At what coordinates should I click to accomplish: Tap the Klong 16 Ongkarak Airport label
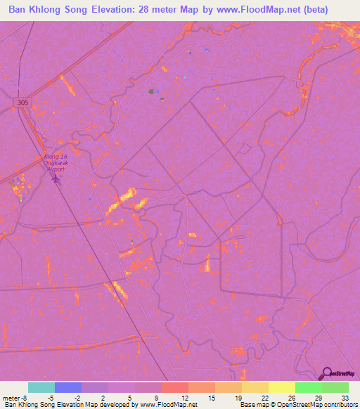(55, 162)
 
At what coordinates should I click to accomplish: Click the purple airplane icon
(56, 179)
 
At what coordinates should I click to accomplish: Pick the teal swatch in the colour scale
(41, 387)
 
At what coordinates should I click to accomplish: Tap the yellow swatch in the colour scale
(281, 387)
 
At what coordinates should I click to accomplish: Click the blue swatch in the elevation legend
(68, 387)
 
